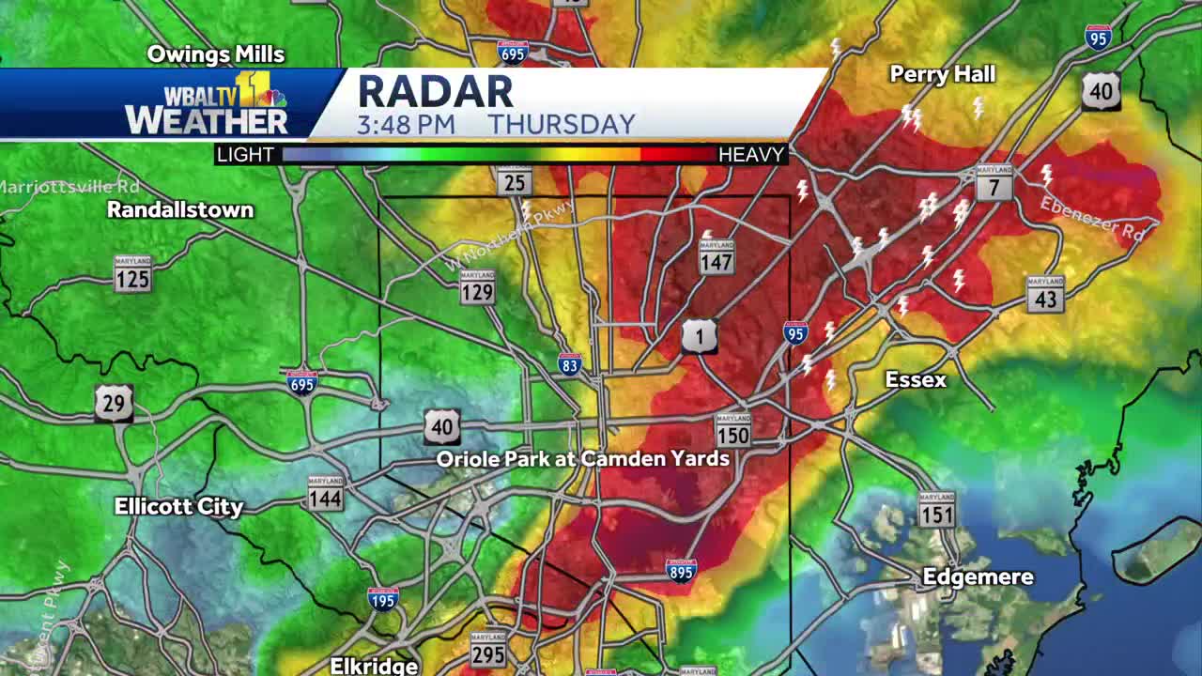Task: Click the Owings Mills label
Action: pyautogui.click(x=216, y=54)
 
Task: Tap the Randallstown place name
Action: pyautogui.click(x=180, y=209)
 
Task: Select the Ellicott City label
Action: pyautogui.click(x=178, y=506)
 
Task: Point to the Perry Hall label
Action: pyautogui.click(x=942, y=74)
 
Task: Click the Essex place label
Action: pyautogui.click(x=916, y=379)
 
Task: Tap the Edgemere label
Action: pyautogui.click(x=978, y=576)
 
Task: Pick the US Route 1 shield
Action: pyautogui.click(x=700, y=336)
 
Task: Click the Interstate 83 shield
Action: pyautogui.click(x=569, y=363)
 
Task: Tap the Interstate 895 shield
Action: pyautogui.click(x=681, y=570)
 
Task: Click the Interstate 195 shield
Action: pyautogui.click(x=383, y=598)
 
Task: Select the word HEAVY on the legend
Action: pyautogui.click(x=751, y=155)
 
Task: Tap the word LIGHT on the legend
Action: pyautogui.click(x=245, y=155)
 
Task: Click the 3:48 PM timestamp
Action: pyautogui.click(x=406, y=125)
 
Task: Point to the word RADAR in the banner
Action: pyautogui.click(x=436, y=92)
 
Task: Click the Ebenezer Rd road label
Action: pyautogui.click(x=1091, y=219)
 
